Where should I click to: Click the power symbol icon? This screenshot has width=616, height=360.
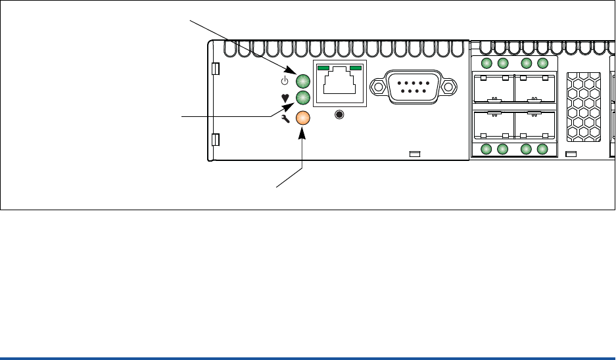click(x=285, y=81)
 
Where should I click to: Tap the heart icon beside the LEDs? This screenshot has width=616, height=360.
click(x=285, y=99)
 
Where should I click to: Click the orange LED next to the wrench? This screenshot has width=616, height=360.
click(x=303, y=118)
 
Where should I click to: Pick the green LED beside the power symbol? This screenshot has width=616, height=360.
click(x=303, y=81)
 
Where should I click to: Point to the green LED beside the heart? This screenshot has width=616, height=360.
click(x=303, y=99)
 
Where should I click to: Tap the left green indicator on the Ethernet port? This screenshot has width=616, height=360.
click(x=323, y=68)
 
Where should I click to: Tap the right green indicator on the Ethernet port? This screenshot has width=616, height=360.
click(x=356, y=68)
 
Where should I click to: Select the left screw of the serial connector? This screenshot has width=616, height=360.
click(x=378, y=86)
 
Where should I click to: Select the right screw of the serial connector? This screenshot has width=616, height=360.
click(x=449, y=86)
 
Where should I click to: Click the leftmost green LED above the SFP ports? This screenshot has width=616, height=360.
click(x=486, y=63)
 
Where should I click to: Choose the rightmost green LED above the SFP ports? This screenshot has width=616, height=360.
click(x=542, y=63)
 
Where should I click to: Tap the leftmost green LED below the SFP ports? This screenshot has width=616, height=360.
click(x=486, y=149)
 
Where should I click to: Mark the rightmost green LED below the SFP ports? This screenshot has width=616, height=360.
click(x=542, y=149)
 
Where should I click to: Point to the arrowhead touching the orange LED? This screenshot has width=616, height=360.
click(x=302, y=131)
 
